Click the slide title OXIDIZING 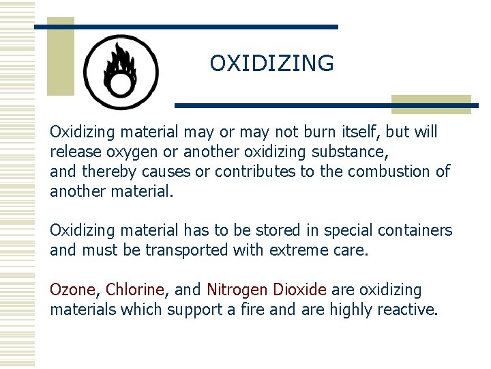point(271,64)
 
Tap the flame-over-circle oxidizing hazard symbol point(121,72)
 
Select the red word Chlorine point(135,290)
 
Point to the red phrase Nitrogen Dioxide point(267,290)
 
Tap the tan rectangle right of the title point(431,103)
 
